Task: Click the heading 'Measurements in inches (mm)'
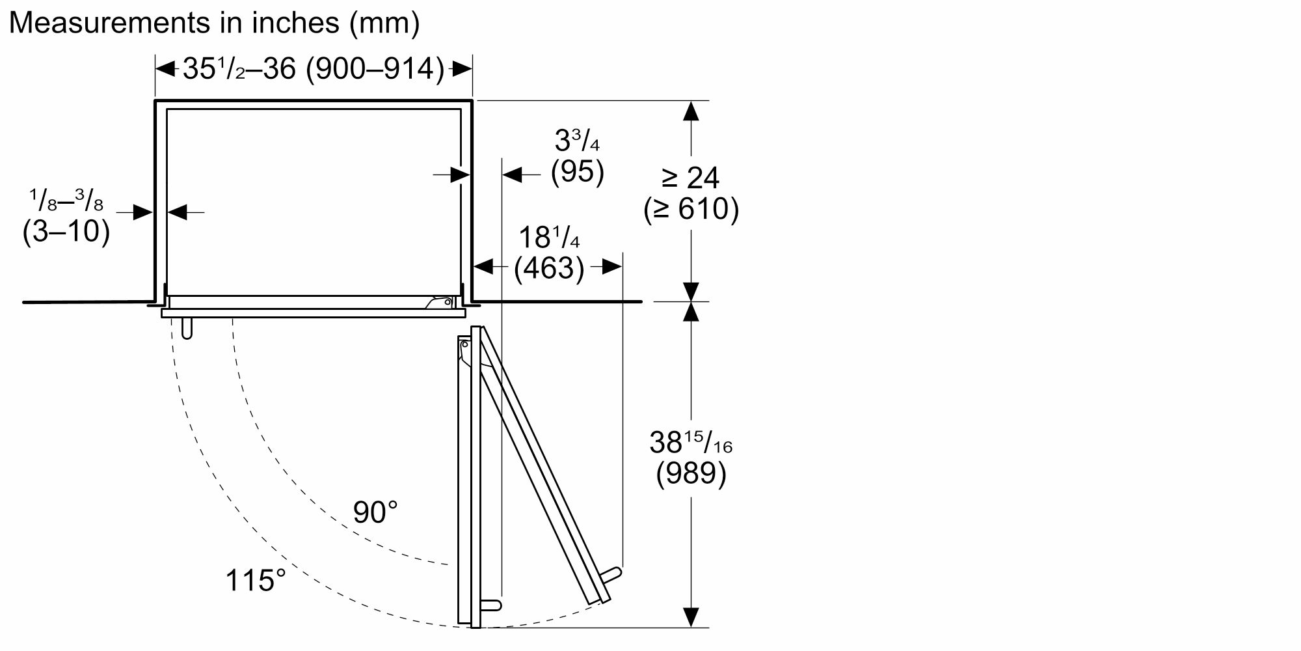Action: point(214,23)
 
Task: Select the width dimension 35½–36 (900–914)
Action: point(314,68)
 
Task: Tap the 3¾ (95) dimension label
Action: point(577,156)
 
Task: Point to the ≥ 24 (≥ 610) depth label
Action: point(691,193)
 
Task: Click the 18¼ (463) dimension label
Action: point(549,253)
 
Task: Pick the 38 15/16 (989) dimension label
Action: point(691,458)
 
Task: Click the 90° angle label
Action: point(375,512)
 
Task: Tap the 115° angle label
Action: point(255,580)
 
